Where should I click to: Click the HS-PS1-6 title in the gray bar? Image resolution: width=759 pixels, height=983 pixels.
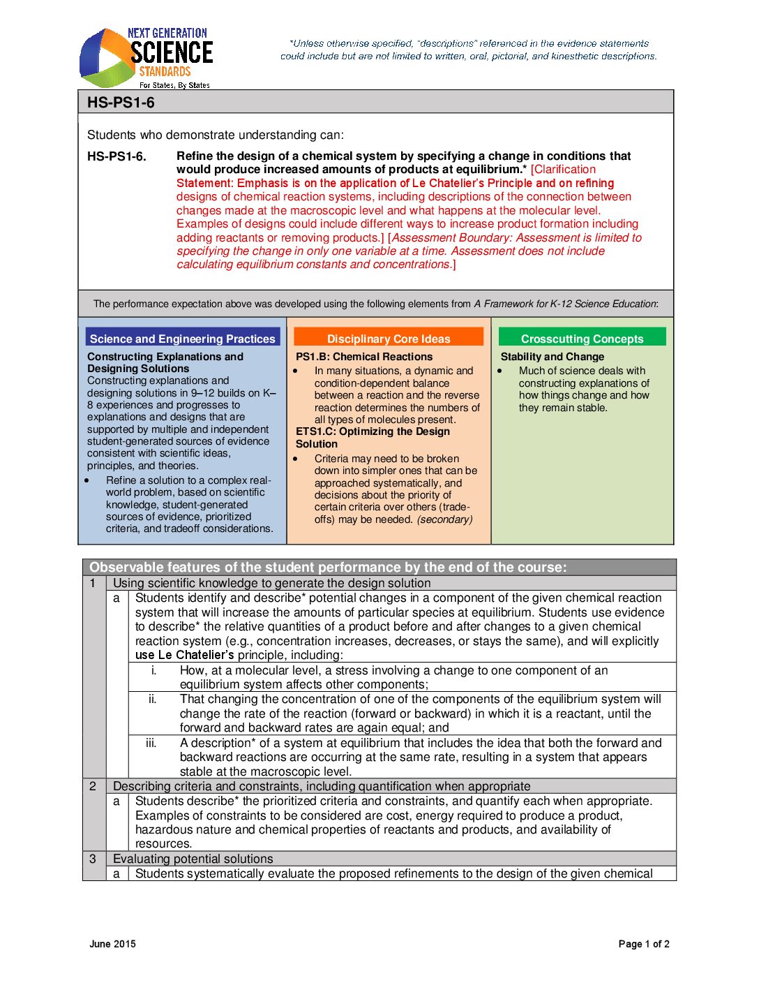121,103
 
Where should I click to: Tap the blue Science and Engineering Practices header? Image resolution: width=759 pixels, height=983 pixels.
182,339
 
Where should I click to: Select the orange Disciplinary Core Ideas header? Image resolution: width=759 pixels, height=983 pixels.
389,339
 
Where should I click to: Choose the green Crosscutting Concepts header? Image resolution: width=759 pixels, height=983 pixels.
582,339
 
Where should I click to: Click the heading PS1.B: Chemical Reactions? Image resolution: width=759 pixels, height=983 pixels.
364,357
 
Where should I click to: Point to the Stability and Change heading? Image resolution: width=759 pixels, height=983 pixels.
552,357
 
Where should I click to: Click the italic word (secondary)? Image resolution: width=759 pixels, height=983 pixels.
444,519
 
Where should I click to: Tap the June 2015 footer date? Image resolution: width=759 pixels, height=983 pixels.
112,944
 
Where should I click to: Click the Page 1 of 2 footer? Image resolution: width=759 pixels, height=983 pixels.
643,944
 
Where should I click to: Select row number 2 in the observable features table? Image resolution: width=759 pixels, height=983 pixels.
93,786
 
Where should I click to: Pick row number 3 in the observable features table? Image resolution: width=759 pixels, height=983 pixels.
93,859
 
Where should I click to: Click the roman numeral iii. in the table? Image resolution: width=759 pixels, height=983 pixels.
151,743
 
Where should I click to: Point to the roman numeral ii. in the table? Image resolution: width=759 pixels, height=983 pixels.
152,699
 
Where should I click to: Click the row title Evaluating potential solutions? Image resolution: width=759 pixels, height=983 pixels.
193,859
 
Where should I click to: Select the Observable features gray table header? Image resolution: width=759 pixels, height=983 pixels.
328,568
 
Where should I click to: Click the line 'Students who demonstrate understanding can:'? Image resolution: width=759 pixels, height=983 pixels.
215,135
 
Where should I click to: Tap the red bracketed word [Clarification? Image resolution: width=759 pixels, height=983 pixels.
564,170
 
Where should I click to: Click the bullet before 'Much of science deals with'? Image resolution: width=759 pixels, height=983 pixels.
499,371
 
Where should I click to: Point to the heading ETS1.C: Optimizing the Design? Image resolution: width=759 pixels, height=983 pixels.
373,431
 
